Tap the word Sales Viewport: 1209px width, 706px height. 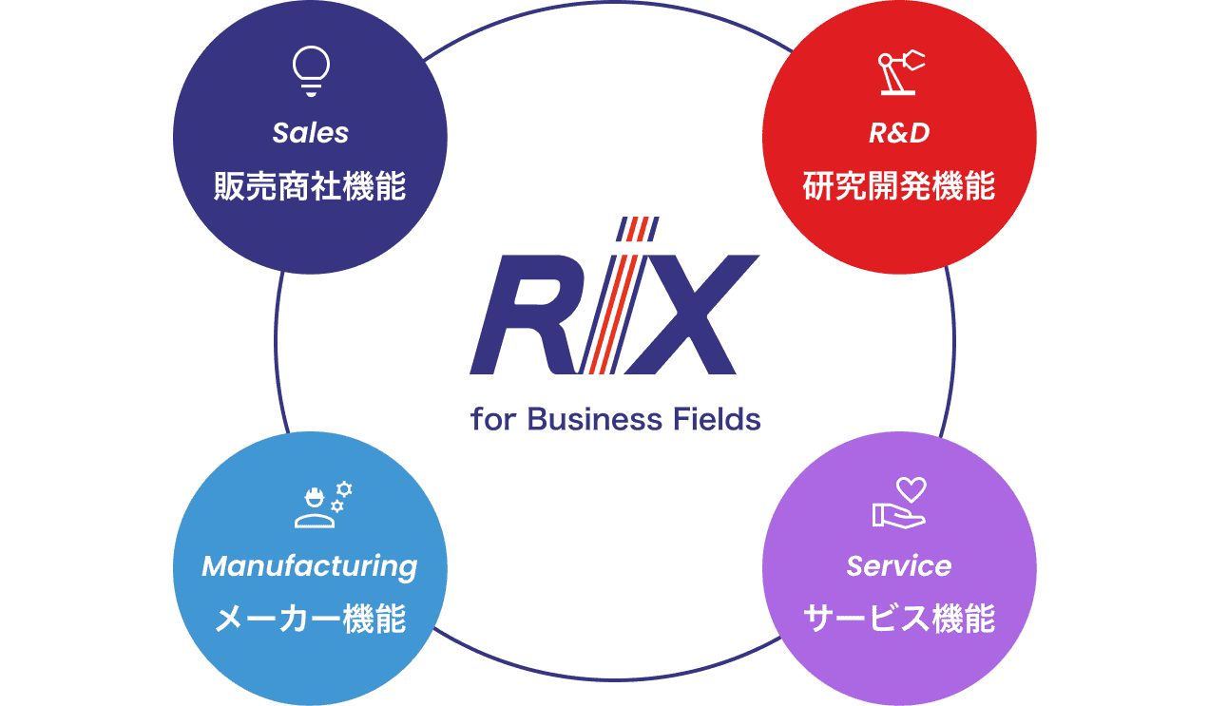tap(310, 133)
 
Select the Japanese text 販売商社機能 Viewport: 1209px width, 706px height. tap(310, 186)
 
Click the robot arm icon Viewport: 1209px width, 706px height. tap(898, 73)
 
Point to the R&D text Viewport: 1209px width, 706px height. tap(898, 133)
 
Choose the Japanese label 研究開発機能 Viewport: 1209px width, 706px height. tap(898, 186)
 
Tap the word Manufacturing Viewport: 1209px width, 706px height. tap(310, 566)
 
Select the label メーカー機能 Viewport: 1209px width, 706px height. tap(310, 620)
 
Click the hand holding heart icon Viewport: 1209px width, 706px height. tap(898, 504)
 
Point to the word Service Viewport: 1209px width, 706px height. tap(898, 566)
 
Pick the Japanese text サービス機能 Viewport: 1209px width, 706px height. tap(898, 620)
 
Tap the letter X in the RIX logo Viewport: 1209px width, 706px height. tap(691, 315)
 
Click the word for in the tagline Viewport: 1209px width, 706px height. tap(492, 419)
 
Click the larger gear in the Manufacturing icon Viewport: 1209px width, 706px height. tap(344, 489)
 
